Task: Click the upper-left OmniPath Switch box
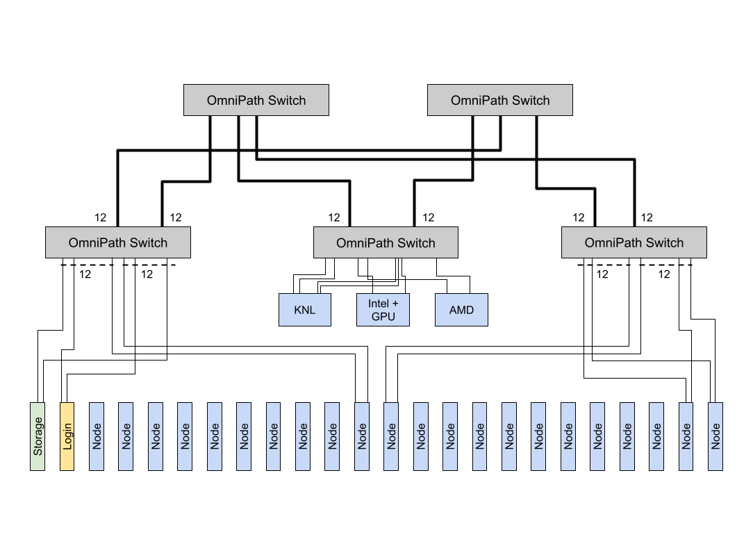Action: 256,100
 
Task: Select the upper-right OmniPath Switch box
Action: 499,100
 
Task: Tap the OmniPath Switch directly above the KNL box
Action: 386,242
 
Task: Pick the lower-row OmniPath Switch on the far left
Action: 117,242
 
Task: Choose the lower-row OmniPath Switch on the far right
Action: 634,242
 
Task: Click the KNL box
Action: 304,310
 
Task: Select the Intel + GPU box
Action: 383,310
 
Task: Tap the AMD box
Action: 461,310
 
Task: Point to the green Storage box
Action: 38,436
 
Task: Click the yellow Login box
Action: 67,436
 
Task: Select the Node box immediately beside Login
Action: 97,436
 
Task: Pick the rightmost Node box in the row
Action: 715,436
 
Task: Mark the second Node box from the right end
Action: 686,436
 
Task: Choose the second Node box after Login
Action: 126,436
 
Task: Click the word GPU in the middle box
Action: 383,316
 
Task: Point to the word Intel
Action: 379,304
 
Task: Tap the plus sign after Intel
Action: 395,304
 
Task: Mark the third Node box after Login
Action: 156,436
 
